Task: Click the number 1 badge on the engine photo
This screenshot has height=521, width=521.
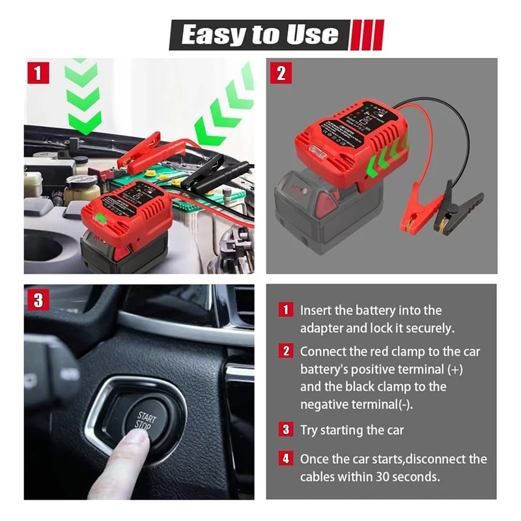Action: [38, 72]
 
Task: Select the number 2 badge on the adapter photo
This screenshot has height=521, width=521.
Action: [281, 72]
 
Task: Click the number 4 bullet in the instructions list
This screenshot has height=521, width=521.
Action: [286, 459]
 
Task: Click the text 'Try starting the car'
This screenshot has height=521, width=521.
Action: [352, 430]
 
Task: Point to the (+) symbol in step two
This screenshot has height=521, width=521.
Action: [454, 369]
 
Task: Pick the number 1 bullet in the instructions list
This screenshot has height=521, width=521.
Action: [286, 311]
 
